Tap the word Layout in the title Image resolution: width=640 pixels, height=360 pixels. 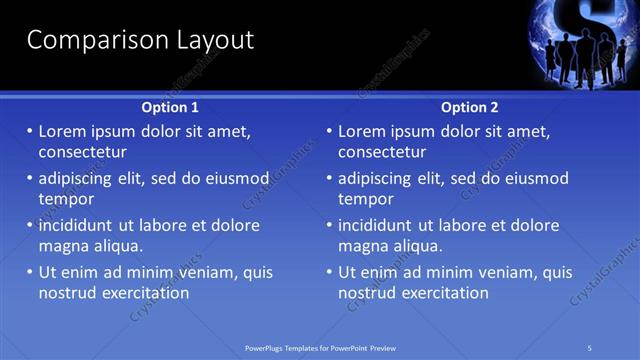click(x=204, y=40)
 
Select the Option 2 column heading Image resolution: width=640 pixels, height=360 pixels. click(x=470, y=107)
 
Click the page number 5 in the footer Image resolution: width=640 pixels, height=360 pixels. click(x=590, y=347)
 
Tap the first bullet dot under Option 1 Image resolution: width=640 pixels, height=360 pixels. click(x=30, y=131)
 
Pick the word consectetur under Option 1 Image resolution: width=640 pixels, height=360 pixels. click(x=82, y=152)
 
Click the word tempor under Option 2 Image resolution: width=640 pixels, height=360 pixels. click(x=366, y=199)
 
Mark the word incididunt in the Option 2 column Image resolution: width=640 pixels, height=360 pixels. click(x=380, y=225)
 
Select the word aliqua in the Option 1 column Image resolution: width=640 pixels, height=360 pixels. click(x=117, y=246)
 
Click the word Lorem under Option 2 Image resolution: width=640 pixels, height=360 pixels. click(x=362, y=131)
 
